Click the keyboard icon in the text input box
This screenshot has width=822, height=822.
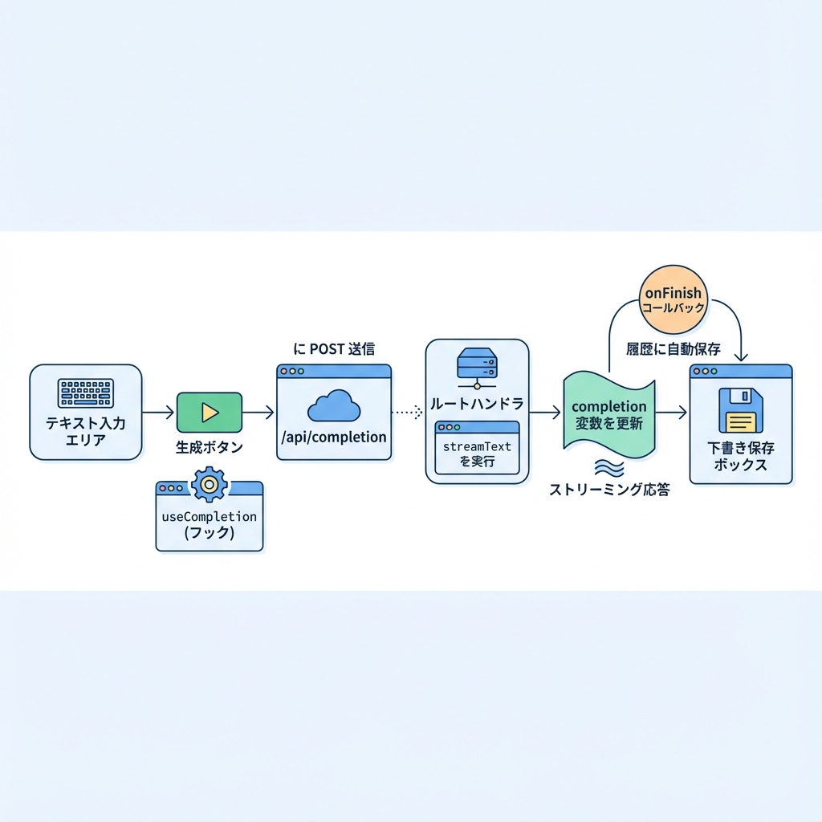point(85,393)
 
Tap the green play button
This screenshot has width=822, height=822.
point(209,413)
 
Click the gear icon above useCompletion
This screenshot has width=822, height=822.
point(210,484)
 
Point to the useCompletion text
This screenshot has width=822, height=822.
point(209,516)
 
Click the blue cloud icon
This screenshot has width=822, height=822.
point(333,407)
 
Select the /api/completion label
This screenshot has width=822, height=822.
point(333,437)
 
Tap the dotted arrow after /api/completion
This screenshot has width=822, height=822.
point(407,413)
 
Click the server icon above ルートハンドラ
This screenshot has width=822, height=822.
point(477,364)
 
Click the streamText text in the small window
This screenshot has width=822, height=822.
point(477,446)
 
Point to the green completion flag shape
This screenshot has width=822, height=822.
point(608,413)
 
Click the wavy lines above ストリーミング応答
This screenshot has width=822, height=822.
point(608,468)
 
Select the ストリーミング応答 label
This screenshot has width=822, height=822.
point(608,489)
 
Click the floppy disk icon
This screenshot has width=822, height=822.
point(740,410)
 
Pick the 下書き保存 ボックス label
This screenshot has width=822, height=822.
point(740,455)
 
